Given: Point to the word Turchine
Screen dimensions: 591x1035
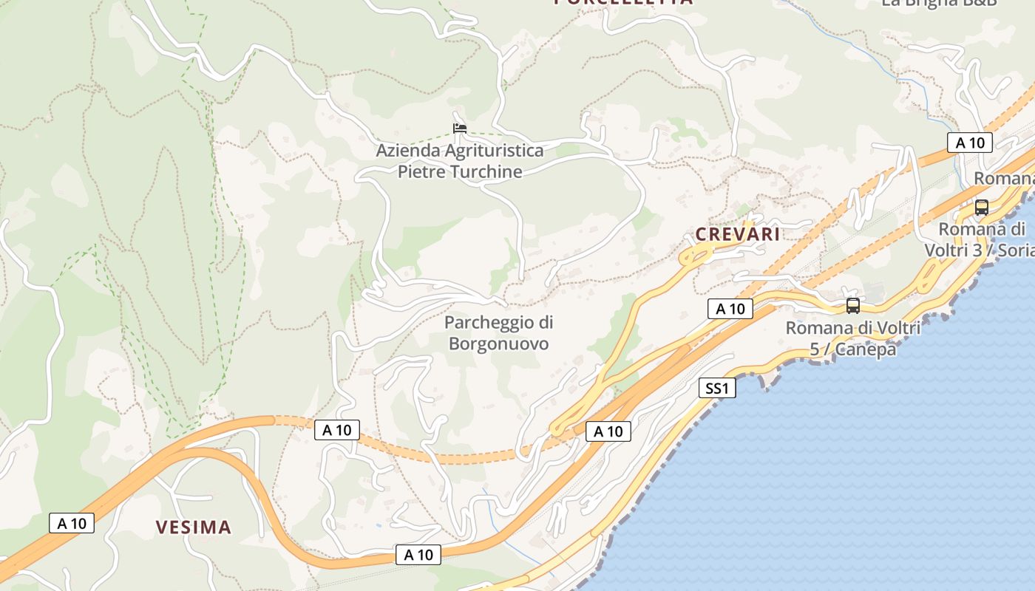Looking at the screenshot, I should (x=488, y=172).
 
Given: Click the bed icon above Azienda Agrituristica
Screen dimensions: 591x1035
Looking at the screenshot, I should (x=460, y=128).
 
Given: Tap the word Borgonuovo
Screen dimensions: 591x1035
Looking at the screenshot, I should (x=498, y=344).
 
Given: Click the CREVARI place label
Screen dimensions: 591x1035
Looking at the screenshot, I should (x=737, y=234).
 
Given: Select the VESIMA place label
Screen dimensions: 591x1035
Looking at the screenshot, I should (x=193, y=527).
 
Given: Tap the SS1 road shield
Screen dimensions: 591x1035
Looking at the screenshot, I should (x=717, y=388).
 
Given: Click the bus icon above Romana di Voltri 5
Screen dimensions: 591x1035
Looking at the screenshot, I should (x=853, y=305).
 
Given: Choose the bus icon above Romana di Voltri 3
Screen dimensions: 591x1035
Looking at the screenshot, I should (x=982, y=208).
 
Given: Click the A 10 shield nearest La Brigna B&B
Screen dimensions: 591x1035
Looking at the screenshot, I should (x=969, y=143).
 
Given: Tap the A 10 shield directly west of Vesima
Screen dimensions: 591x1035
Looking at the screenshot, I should (x=72, y=523).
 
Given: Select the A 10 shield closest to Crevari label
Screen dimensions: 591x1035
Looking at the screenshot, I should (x=730, y=309).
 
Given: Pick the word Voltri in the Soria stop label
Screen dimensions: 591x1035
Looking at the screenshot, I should (x=949, y=250).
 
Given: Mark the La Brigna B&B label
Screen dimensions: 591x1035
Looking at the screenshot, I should (x=940, y=3).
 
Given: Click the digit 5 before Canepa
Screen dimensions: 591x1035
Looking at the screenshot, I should (x=814, y=349).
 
